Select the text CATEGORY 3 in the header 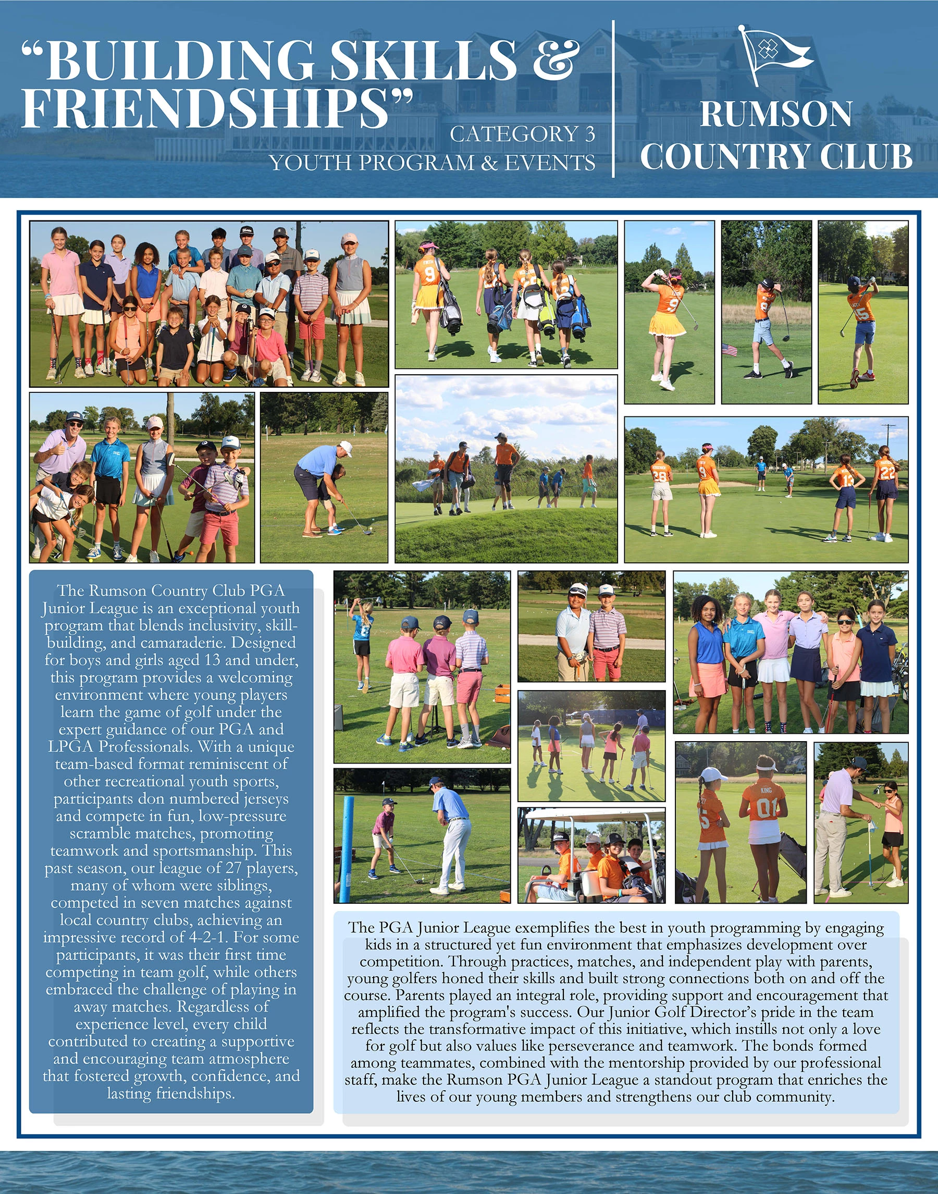coord(522,134)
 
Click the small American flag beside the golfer coord(730,349)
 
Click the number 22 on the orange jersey coord(887,472)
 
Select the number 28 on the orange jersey coord(660,476)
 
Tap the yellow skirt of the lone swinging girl coord(667,324)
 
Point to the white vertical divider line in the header coord(613,99)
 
